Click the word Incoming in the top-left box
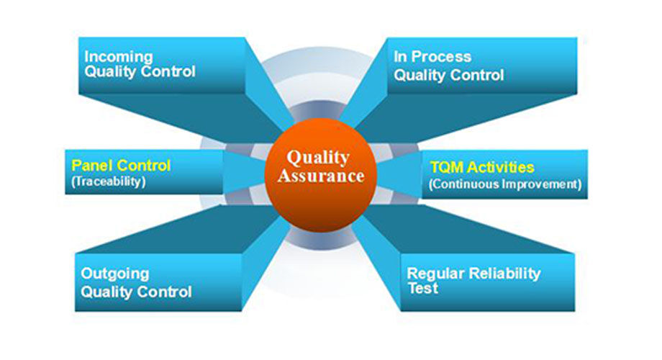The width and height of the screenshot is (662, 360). (119, 57)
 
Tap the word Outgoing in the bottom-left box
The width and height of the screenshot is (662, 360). (115, 274)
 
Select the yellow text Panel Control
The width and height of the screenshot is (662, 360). (121, 165)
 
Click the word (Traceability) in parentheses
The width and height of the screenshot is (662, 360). (109, 181)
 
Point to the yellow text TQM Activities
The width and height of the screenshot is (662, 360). (482, 167)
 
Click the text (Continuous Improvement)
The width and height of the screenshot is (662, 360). (505, 184)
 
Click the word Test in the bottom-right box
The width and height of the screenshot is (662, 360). (423, 289)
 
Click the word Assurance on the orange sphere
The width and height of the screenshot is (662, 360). (321, 176)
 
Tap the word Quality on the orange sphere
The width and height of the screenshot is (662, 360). (318, 158)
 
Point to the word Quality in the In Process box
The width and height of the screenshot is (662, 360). (420, 76)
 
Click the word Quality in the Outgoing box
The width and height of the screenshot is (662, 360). (106, 292)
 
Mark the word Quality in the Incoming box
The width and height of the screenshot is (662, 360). (110, 72)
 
